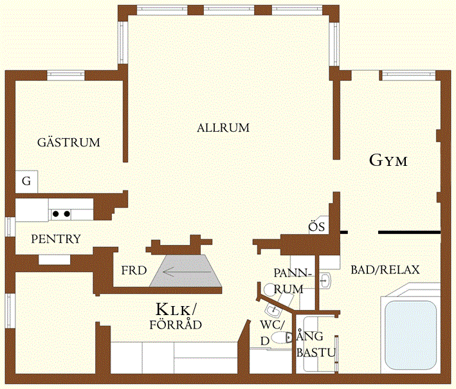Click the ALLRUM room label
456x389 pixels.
coord(223,128)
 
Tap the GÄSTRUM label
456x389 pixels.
coord(69,142)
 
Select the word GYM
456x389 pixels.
coord(388,161)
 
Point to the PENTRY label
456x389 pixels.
coord(56,239)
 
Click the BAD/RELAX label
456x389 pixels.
coord(385,270)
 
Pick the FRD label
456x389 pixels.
coord(134,271)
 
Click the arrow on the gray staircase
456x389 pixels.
coord(187,272)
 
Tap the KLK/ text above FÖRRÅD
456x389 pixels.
coord(176,309)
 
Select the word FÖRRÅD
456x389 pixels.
coord(176,325)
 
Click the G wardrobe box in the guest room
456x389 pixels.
coord(26,181)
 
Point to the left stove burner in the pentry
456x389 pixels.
coord(56,214)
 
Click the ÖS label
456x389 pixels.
coord(316,226)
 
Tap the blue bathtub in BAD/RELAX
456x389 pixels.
coord(410,334)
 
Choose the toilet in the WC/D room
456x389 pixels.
coord(282,338)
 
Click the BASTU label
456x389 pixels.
coord(316,352)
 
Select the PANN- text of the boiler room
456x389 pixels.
coord(293,273)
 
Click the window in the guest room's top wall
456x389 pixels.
coord(66,75)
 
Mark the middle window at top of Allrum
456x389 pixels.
coord(229,10)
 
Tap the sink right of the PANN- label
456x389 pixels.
coord(325,281)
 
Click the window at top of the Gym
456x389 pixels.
coord(408,75)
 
